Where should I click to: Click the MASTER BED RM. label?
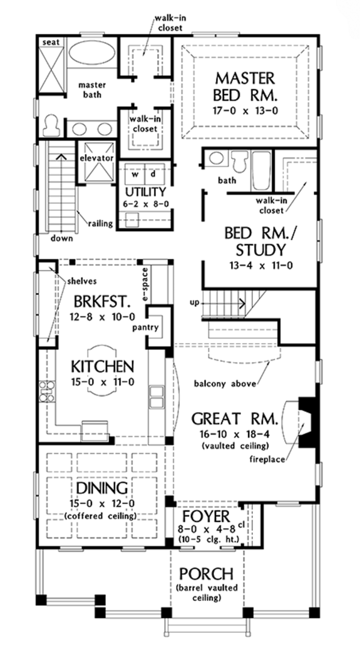click(x=244, y=87)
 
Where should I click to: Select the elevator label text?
click(x=96, y=159)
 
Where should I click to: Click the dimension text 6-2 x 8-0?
click(x=145, y=203)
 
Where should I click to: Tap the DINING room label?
click(x=102, y=488)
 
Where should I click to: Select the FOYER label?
click(x=202, y=517)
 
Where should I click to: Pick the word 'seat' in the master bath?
click(x=49, y=41)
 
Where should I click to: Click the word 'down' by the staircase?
click(x=63, y=238)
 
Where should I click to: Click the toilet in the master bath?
click(x=51, y=124)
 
